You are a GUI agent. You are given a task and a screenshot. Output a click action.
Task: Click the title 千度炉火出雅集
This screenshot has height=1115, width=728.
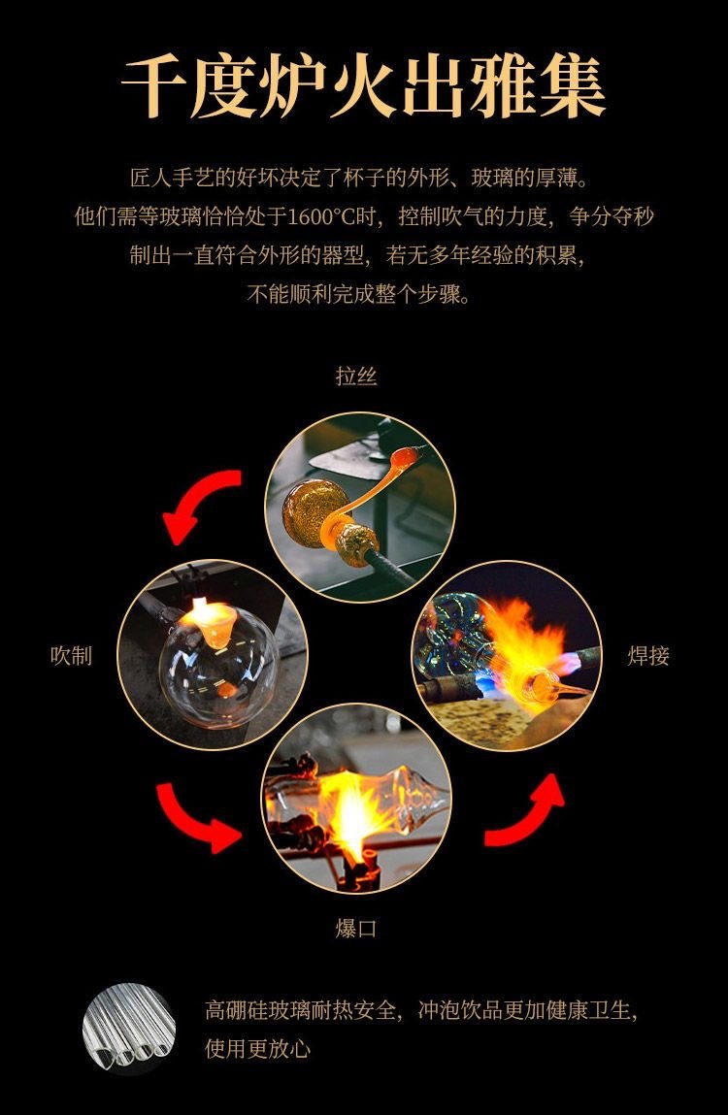click(x=363, y=88)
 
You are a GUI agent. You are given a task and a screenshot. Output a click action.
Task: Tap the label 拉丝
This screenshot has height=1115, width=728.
click(x=356, y=377)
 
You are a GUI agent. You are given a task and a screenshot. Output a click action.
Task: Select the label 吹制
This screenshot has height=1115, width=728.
click(x=71, y=656)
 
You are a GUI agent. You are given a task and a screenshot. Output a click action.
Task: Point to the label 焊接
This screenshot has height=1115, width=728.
click(x=648, y=656)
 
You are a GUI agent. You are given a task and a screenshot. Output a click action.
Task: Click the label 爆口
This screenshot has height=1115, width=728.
click(x=356, y=929)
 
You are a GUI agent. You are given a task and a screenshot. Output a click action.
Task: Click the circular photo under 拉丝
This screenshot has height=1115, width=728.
click(x=360, y=508)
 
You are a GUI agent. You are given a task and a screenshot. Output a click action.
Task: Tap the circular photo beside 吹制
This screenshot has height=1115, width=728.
click(x=213, y=655)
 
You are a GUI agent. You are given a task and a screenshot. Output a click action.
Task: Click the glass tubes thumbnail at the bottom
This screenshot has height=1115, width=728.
click(x=130, y=1030)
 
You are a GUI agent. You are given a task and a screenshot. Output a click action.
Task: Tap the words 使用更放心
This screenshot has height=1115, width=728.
click(x=258, y=1049)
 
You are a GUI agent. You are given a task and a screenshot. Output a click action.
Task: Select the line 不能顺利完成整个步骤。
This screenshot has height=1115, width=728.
click(x=361, y=294)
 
